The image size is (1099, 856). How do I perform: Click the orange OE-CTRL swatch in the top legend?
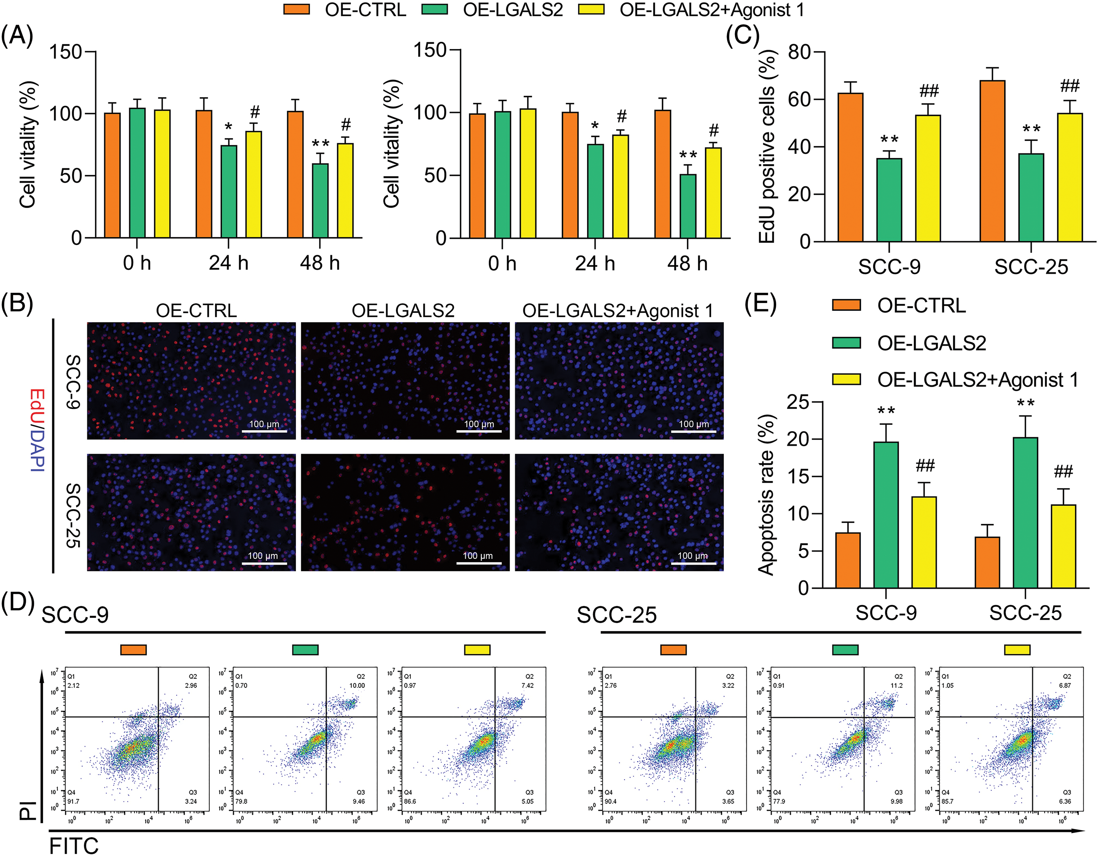pyautogui.click(x=296, y=9)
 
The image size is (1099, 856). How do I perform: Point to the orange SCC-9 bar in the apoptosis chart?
pyautogui.click(x=848, y=560)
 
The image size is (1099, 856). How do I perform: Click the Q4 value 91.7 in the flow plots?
pyautogui.click(x=73, y=801)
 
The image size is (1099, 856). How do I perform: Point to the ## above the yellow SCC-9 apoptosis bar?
pyautogui.click(x=925, y=465)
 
